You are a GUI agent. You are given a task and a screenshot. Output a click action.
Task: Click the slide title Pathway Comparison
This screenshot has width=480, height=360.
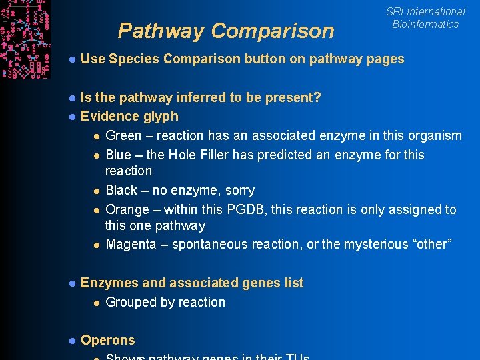[225, 31]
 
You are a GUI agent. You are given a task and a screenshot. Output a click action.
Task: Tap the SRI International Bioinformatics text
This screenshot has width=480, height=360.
[425, 18]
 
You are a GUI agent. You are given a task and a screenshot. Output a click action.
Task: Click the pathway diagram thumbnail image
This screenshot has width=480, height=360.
[25, 39]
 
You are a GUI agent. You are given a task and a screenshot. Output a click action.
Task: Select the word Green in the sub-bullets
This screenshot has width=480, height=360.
[123, 136]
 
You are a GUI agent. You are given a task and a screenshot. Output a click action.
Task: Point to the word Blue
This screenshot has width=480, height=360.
[118, 155]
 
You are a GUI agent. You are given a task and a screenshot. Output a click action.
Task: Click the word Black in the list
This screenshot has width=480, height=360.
[121, 191]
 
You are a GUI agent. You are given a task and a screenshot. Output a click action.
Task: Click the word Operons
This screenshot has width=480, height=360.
[107, 340]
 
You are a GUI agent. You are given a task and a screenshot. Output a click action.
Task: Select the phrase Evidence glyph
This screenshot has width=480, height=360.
[129, 117]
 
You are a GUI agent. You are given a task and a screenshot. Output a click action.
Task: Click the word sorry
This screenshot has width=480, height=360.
[237, 191]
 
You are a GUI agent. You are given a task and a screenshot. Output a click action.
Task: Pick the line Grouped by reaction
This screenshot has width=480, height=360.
[165, 303]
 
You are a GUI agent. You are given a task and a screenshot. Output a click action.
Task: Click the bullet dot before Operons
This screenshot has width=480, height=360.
[71, 341]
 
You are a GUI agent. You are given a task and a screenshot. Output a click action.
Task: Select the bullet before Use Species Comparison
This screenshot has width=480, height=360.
[71, 59]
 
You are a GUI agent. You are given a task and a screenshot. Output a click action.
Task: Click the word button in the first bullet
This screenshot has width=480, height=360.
[265, 59]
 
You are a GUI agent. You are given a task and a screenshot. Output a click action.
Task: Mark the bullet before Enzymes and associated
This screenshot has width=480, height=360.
[71, 283]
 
